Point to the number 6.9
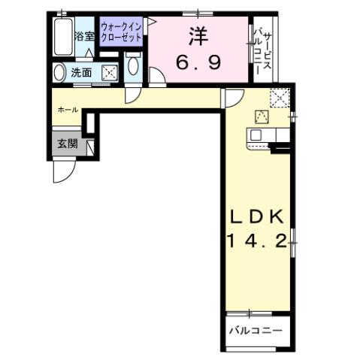pyautogui.click(x=198, y=63)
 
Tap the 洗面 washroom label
pyautogui.click(x=81, y=73)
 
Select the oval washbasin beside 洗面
pyautogui.click(x=60, y=73)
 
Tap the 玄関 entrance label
pyautogui.click(x=68, y=144)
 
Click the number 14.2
pyautogui.click(x=256, y=242)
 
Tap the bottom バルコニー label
pyautogui.click(x=256, y=330)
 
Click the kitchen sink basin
pyautogui.click(x=256, y=135)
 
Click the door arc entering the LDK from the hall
pyautogui.click(x=231, y=97)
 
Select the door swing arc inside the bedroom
pyautogui.click(x=159, y=77)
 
